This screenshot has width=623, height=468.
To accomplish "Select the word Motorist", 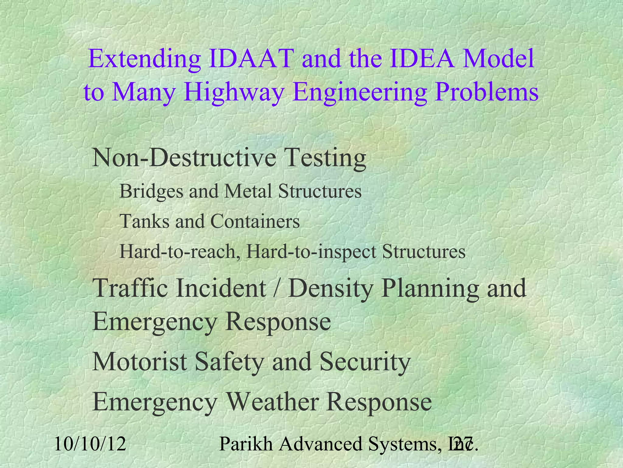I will click(140, 361).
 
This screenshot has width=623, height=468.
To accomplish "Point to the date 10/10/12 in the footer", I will click(90, 444).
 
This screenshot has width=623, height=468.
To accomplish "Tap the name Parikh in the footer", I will click(246, 444).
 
